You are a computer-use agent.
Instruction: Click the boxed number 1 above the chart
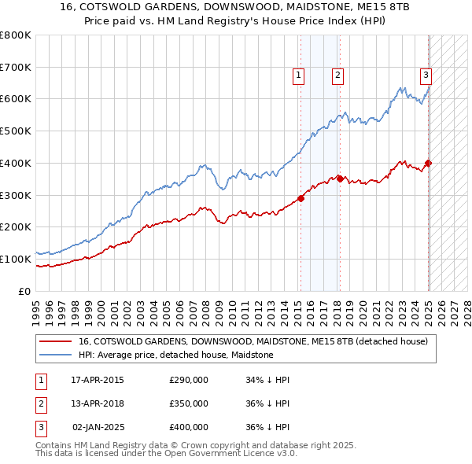coord(300,75)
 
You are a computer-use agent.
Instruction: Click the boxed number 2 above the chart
coord(337,75)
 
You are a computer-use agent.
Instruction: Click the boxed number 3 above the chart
coord(426,75)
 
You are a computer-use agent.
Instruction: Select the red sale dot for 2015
coord(301,198)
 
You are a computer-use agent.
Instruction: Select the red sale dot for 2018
coord(340,179)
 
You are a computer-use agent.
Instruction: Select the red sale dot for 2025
coord(429,163)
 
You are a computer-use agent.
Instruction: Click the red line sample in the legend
coord(56,341)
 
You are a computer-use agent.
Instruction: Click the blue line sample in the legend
coord(56,355)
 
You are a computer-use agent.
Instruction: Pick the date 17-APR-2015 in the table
coord(98,380)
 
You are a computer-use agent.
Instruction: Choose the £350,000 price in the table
coord(189,403)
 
